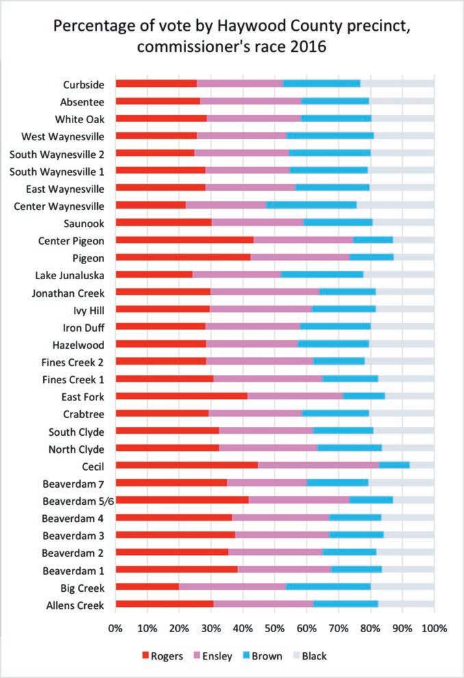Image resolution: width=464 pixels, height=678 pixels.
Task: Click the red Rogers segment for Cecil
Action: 186,465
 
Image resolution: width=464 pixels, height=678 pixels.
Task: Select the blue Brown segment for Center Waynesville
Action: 311,205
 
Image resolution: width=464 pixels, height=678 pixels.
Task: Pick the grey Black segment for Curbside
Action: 397,84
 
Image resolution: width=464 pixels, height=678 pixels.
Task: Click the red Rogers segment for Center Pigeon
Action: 184,239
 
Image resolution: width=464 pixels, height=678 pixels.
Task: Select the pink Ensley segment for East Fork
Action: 295,395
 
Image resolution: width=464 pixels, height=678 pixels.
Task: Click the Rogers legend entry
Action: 162,656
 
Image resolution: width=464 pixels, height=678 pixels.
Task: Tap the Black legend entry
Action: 307,656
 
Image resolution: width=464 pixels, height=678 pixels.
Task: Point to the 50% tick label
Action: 274,627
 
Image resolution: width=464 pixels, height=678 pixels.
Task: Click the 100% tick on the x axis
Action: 434,627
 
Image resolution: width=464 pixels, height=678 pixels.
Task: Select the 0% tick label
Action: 115,627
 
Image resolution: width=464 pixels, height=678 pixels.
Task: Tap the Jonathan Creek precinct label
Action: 68,292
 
